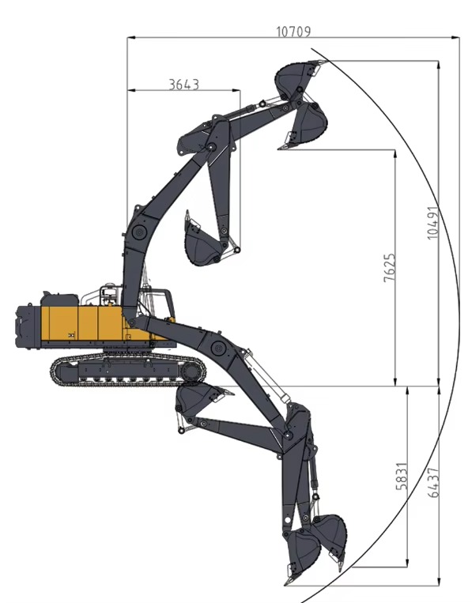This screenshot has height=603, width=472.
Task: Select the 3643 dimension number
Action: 183,84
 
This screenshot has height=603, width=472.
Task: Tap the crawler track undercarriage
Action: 126,370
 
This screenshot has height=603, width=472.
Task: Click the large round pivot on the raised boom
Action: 139,232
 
